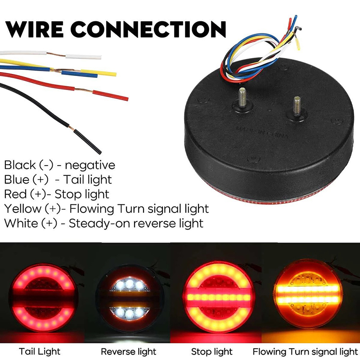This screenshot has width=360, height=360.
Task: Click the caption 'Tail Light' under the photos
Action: click(40, 351)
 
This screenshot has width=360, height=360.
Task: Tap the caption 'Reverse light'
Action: click(128, 351)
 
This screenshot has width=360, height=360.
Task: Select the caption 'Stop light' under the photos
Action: click(211, 351)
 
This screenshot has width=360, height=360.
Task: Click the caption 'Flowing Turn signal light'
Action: click(305, 351)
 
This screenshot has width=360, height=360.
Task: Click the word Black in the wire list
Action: click(19, 165)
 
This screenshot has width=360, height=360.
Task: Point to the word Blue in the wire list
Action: click(16, 180)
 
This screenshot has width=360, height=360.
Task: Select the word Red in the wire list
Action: click(14, 194)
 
